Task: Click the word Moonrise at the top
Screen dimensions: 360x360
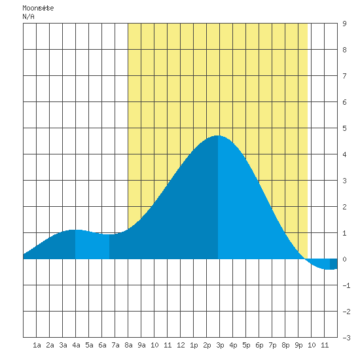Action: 38,8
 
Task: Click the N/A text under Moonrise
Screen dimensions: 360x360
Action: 28,16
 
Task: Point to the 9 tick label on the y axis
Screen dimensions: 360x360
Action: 344,24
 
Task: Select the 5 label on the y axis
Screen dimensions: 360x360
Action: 344,128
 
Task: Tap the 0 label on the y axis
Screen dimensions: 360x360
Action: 344,259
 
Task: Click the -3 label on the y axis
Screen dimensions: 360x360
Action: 346,338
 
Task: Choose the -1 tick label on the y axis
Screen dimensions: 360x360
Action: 346,285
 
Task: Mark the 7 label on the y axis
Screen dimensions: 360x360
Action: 344,76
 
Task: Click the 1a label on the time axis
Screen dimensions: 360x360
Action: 37,345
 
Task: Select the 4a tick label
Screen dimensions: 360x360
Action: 76,345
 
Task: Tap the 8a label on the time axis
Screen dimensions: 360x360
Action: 128,345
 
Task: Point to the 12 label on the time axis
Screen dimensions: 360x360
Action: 181,345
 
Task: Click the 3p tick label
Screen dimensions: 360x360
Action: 220,345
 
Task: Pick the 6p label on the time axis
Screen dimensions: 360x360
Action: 259,345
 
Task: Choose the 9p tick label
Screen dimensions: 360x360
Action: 298,345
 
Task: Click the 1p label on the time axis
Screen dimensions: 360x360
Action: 194,345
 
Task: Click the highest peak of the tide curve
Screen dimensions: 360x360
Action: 217,135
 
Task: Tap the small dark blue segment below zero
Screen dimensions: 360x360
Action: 334,264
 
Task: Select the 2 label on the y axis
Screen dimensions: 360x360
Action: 344,207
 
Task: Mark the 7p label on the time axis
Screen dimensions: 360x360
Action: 272,345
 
